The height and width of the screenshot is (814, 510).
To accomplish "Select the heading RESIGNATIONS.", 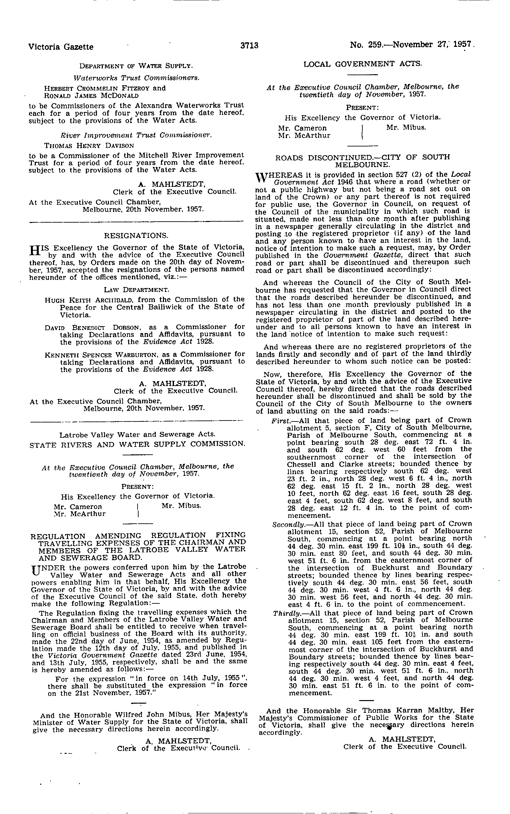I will point(136,235).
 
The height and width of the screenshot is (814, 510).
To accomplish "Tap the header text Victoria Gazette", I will point(61,47).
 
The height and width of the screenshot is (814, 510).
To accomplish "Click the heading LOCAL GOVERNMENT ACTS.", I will point(363,63).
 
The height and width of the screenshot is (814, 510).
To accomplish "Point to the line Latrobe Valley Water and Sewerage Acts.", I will point(137,435).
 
